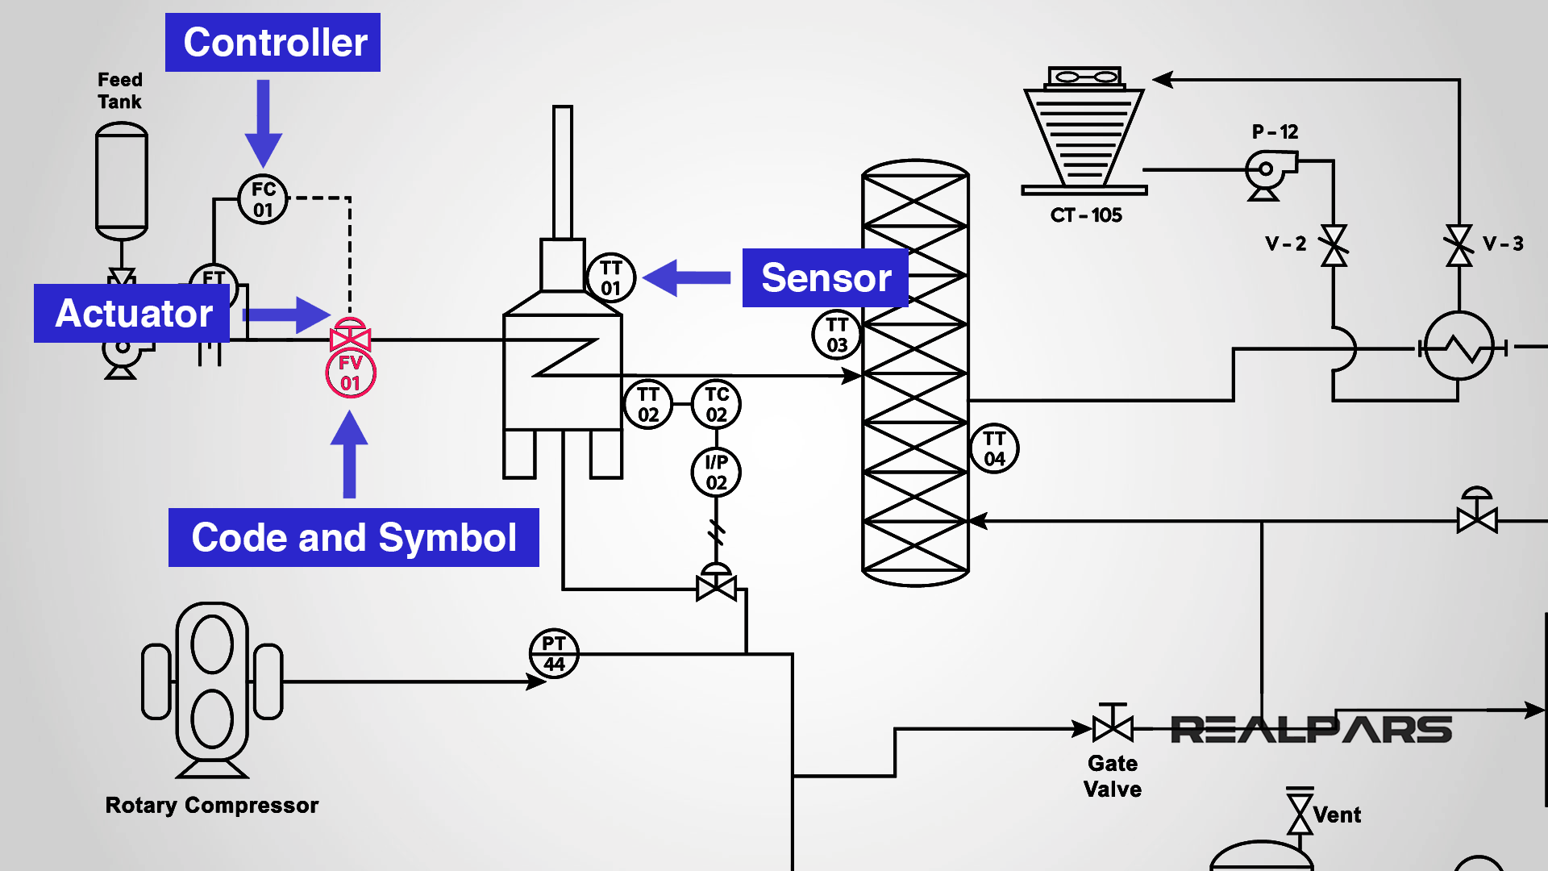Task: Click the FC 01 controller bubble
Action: (263, 199)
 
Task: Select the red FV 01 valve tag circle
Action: (350, 373)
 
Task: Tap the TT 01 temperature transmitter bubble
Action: (610, 277)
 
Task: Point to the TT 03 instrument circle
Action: (836, 335)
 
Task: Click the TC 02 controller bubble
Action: (716, 404)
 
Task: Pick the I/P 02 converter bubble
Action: (716, 472)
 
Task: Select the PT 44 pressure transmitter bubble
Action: (554, 653)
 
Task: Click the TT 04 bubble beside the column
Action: (994, 448)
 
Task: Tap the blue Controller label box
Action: (273, 42)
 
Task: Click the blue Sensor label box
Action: (825, 277)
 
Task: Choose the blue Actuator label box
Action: (132, 313)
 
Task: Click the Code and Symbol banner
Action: (353, 537)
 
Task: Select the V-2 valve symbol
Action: (1334, 245)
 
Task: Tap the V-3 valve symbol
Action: (1459, 245)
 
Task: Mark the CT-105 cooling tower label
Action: (1085, 215)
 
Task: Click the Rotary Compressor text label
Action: (211, 805)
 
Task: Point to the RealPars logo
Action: (1310, 730)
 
